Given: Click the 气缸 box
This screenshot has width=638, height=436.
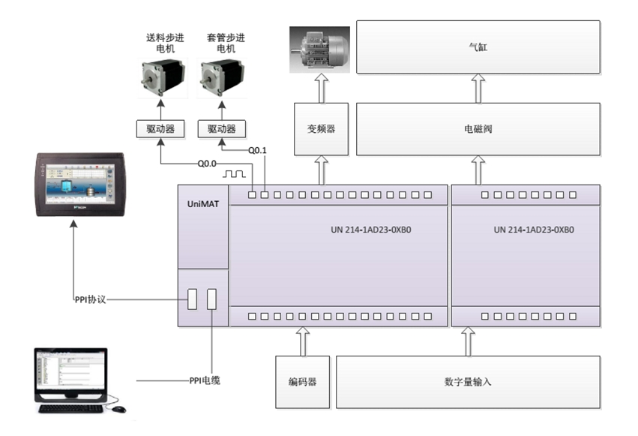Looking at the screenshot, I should coord(478,47).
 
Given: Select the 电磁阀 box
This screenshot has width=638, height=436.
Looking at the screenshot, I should coord(478,129).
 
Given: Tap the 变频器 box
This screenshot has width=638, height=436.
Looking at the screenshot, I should coord(321,129).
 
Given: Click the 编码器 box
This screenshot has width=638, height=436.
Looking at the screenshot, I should coord(302,382).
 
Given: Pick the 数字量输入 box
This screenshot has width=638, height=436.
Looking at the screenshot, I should coord(468,382).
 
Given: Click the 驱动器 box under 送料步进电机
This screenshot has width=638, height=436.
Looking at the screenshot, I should coord(160,129).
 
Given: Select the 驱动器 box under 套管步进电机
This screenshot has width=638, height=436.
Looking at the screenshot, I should coord(221,129).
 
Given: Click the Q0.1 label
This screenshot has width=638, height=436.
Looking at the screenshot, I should coord(257,150).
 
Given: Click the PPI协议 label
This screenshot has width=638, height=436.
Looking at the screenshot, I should coord(91,299).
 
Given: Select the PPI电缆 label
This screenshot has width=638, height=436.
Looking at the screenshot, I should coord(204,380).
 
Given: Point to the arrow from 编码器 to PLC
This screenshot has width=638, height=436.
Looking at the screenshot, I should coord(303,341).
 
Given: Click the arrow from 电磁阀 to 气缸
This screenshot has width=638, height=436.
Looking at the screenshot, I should coord(478,89).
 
